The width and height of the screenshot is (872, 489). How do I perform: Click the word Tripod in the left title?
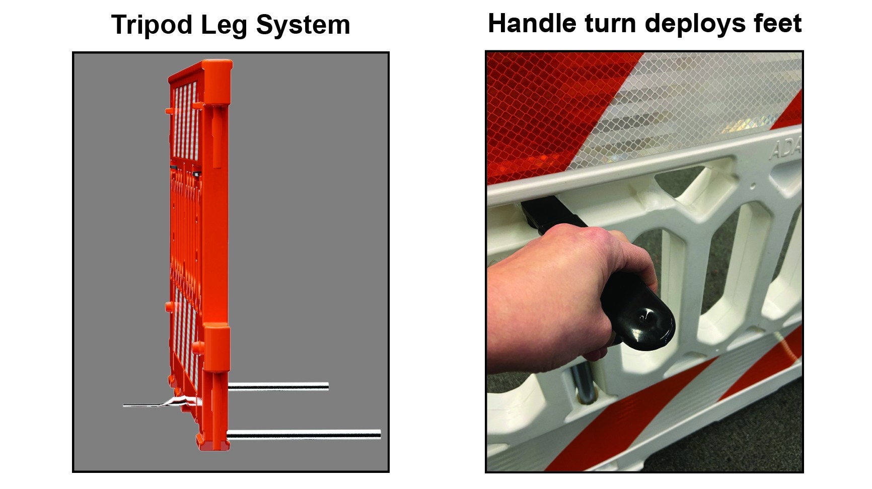click(152, 25)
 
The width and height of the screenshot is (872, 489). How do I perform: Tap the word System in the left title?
click(303, 25)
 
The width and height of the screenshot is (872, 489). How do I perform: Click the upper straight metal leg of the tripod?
click(278, 386)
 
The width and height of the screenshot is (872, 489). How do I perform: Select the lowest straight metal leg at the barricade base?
click(304, 434)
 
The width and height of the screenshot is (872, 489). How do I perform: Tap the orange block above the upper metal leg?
click(217, 352)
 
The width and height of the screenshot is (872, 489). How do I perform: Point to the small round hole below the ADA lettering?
click(753, 186)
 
